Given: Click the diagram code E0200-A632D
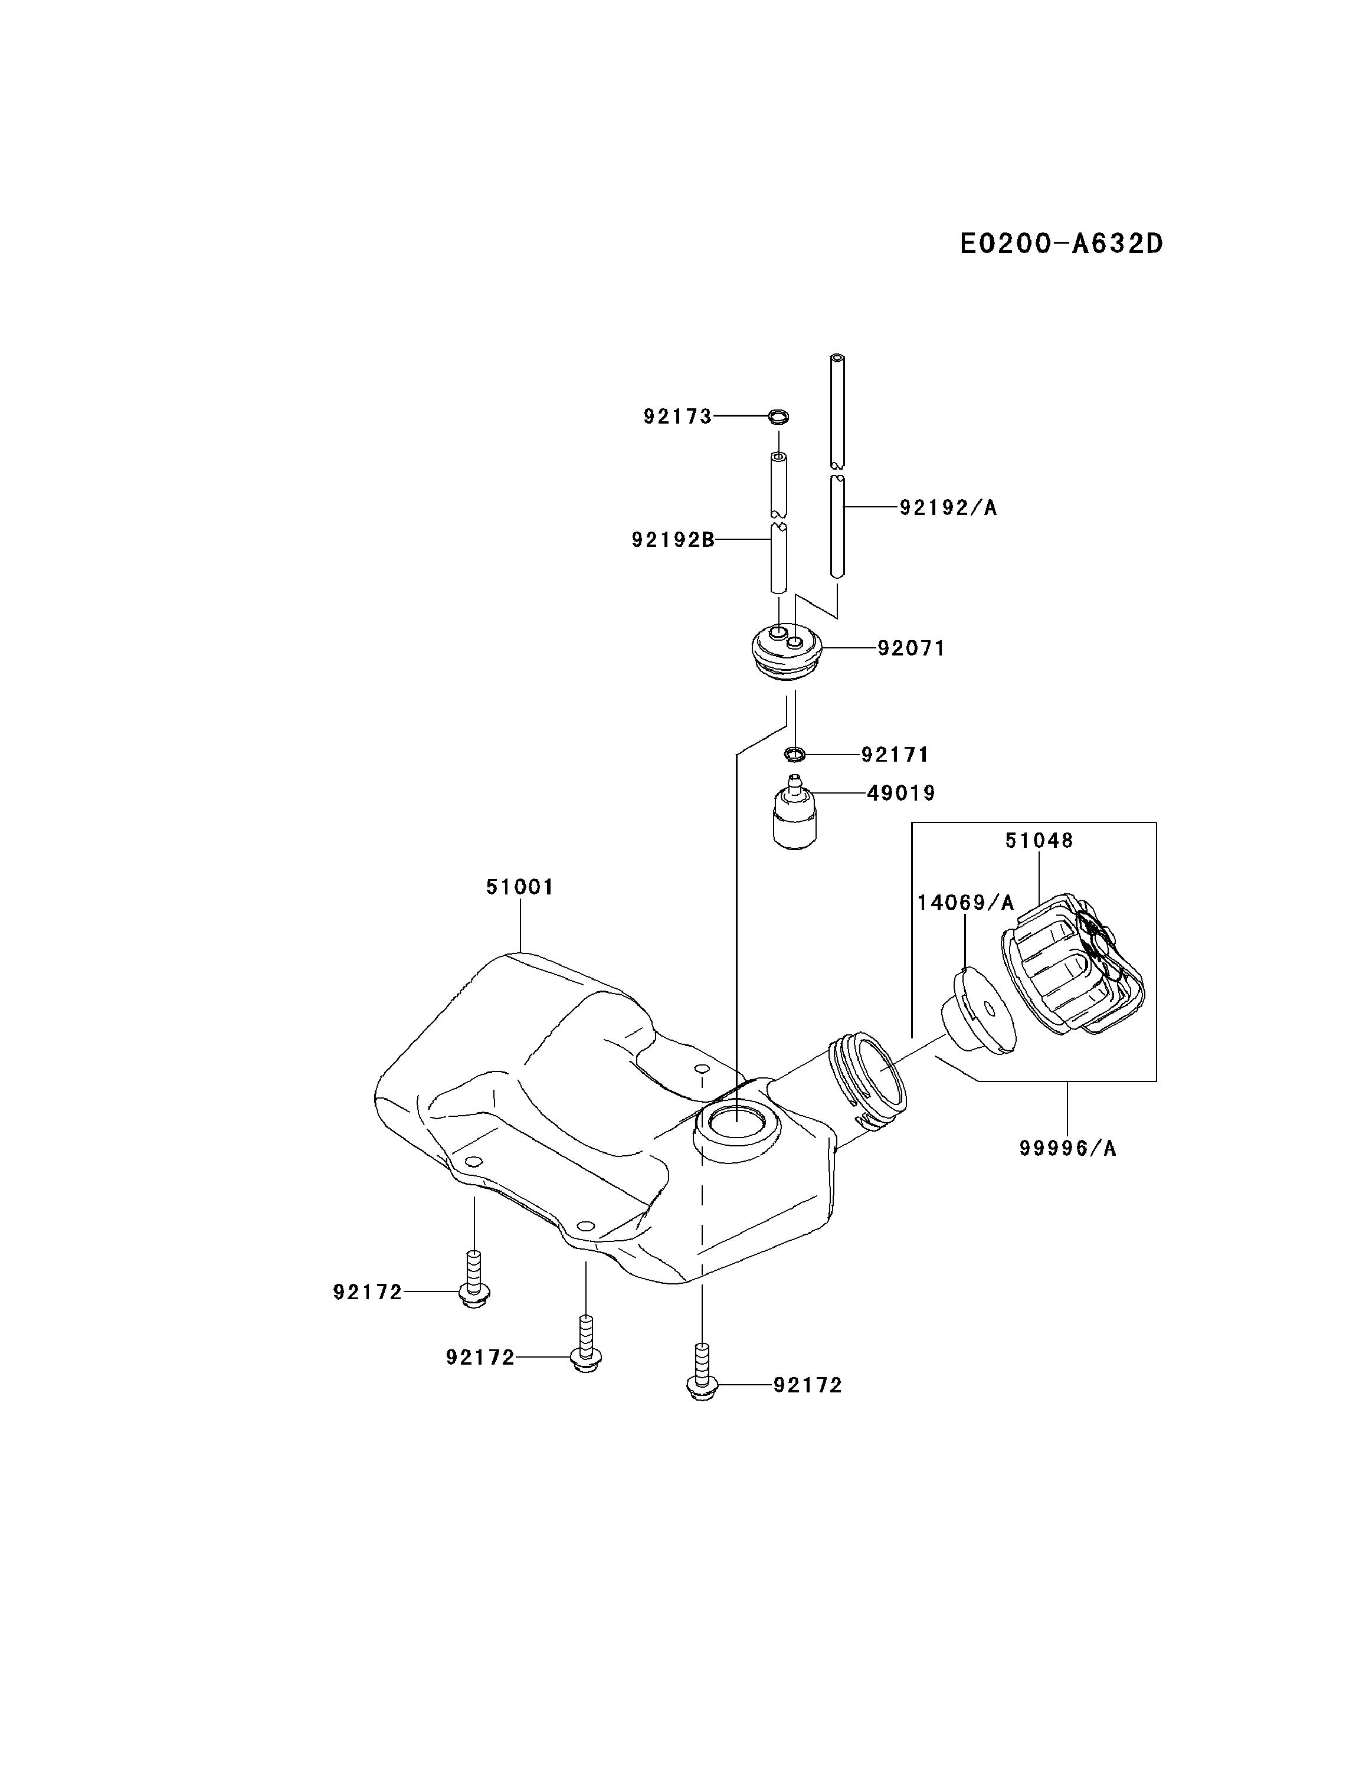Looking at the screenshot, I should point(1061,243).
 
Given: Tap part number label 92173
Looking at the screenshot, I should point(677,417).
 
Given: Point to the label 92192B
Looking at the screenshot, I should point(673,540).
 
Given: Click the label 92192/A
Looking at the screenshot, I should point(948,508).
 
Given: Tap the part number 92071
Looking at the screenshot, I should point(911,648).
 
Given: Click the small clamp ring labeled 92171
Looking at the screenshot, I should point(795,755).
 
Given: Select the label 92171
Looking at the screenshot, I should point(895,755).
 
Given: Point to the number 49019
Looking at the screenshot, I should point(900,794).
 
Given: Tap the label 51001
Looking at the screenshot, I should point(519,887).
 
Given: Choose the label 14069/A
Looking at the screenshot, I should point(965,903).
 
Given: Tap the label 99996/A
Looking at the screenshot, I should point(1067,1148).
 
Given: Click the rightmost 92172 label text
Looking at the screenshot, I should point(807,1386).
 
